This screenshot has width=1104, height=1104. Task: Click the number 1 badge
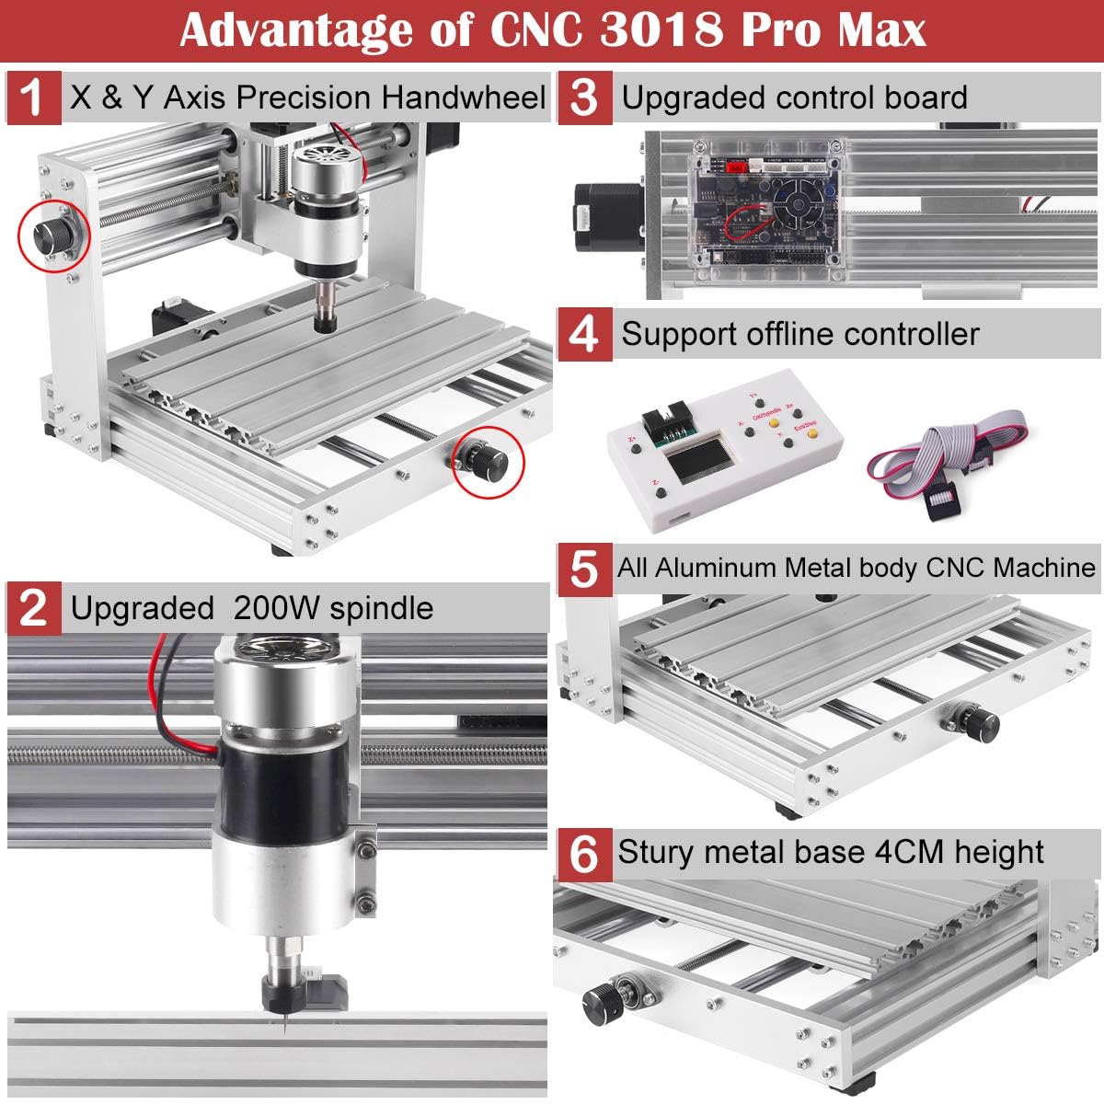pyautogui.click(x=32, y=97)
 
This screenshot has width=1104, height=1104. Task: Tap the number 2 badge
pyautogui.click(x=34, y=608)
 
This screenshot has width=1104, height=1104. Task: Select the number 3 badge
pyautogui.click(x=583, y=98)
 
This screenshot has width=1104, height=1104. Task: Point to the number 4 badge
pyautogui.click(x=583, y=333)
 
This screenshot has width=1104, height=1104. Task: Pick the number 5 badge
pyautogui.click(x=583, y=569)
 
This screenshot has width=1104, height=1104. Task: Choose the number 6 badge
pyautogui.click(x=583, y=853)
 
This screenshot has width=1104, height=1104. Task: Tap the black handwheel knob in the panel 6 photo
pyautogui.click(x=604, y=997)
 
